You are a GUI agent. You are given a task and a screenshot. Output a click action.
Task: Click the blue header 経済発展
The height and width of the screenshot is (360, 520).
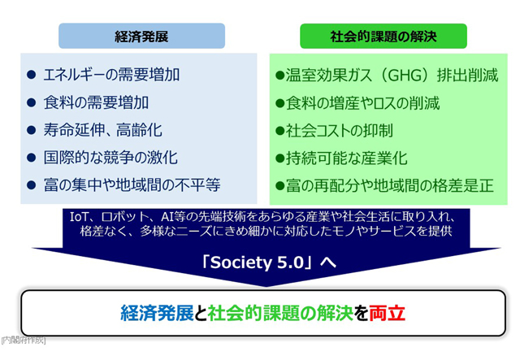(x=141, y=36)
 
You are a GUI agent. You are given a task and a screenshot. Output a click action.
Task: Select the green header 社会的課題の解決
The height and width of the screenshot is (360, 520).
(x=383, y=36)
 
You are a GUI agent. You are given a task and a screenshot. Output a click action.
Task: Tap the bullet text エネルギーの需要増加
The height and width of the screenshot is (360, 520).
(x=111, y=74)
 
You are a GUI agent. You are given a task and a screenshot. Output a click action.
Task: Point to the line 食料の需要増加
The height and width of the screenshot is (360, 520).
(x=96, y=102)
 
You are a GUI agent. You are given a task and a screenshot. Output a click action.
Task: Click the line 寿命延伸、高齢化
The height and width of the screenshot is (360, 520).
(x=103, y=130)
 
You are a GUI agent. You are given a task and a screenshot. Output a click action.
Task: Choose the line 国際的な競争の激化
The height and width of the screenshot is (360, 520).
(x=110, y=158)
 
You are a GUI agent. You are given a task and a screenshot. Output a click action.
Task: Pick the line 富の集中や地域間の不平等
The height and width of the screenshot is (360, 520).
(x=132, y=184)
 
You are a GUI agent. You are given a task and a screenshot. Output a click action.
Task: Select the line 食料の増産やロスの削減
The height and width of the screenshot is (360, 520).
(x=363, y=103)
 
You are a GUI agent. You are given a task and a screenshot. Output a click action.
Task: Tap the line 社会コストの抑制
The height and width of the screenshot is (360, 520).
(x=340, y=130)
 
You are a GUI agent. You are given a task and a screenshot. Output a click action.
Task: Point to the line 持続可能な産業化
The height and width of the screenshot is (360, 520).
(x=347, y=158)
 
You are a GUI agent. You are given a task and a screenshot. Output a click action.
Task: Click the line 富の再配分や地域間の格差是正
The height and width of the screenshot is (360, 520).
(x=390, y=185)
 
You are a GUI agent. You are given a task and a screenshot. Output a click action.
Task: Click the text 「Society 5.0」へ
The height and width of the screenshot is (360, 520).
(x=269, y=262)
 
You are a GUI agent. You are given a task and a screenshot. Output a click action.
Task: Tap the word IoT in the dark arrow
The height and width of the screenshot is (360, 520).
(x=79, y=217)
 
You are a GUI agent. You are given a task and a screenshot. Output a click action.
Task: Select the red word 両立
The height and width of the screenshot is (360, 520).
(x=387, y=313)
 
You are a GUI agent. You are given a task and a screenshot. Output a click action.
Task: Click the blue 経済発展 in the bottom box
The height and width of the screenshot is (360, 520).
(x=157, y=313)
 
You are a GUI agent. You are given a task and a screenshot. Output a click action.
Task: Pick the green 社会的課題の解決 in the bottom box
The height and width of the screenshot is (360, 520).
(x=280, y=313)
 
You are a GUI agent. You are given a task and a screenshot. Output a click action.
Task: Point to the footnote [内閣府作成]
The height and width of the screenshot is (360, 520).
(x=24, y=340)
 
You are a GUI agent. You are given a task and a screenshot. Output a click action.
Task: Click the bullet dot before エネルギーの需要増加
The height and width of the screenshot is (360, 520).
(x=31, y=74)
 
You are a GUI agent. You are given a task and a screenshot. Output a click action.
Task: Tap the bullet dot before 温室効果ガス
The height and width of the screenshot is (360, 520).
(x=280, y=76)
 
